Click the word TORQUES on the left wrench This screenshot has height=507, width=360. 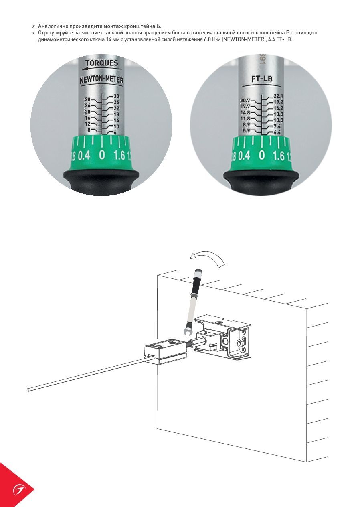101,63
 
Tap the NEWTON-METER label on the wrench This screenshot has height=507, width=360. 101,80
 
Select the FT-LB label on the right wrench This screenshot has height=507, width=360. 262,79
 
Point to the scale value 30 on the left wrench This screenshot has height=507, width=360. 116,96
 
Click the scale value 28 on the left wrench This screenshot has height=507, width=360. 87,99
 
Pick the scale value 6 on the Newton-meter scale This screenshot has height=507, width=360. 115,133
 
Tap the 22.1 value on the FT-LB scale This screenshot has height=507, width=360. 278,96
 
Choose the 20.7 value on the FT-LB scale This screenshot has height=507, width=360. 245,101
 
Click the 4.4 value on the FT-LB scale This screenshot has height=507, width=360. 277,132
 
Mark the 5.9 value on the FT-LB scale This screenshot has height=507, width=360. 247,131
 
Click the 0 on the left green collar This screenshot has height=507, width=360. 102,155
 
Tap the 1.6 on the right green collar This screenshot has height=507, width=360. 278,156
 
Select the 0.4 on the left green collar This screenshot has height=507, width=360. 84,156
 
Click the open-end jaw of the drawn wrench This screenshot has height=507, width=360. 188,332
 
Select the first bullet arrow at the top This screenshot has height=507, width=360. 33,27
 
